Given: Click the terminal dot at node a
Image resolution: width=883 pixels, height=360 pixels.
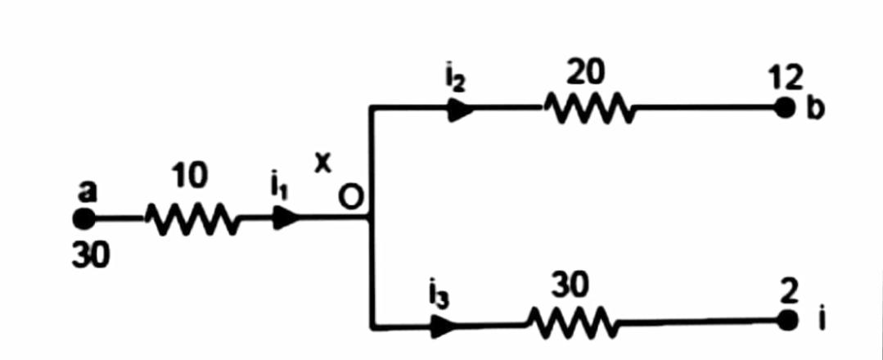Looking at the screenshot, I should click(83, 218).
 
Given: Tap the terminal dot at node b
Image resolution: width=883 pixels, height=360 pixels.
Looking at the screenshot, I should click(786, 108).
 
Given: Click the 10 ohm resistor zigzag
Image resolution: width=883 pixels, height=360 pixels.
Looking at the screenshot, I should click(191, 218).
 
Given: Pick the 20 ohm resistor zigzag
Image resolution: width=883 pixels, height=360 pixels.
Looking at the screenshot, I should click(586, 108).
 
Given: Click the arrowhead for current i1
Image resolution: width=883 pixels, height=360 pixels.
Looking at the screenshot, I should click(287, 218).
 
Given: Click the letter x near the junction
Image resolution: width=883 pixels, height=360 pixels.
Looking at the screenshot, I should click(323, 164).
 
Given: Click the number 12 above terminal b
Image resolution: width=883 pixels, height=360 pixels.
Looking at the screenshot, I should click(787, 80).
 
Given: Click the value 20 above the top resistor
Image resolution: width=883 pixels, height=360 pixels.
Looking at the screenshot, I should click(586, 74).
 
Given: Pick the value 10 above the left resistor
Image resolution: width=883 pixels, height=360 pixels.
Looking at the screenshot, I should click(190, 178).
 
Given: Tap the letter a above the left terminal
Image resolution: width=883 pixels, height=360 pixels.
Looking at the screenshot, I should click(88, 191).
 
